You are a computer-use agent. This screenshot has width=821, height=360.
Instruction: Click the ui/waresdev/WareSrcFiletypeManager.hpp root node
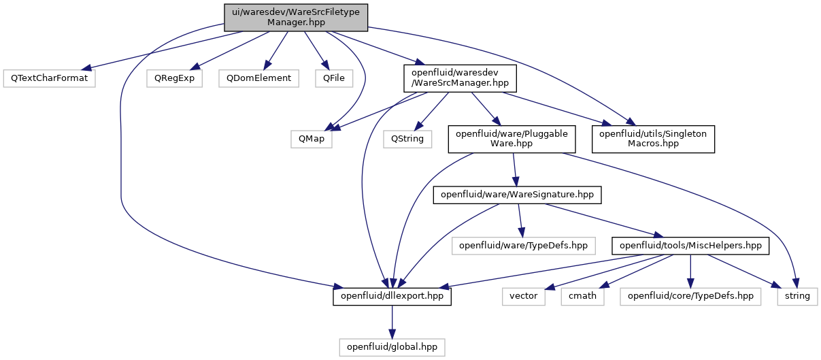pyautogui.click(x=296, y=18)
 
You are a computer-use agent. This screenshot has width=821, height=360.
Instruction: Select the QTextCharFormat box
pyautogui.click(x=49, y=78)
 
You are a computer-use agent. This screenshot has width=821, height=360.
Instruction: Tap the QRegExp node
pyautogui.click(x=174, y=78)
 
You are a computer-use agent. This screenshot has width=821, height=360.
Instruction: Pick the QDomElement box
pyautogui.click(x=258, y=78)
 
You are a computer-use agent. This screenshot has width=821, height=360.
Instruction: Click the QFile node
pyautogui.click(x=334, y=78)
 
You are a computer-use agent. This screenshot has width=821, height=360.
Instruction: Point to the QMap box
pyautogui.click(x=311, y=139)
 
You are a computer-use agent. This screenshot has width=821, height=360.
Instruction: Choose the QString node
pyautogui.click(x=407, y=139)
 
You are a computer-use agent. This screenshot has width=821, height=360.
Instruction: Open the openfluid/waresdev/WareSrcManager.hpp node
pyautogui.click(x=460, y=78)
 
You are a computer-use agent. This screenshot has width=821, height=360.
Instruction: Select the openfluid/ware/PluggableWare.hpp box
pyautogui.click(x=512, y=140)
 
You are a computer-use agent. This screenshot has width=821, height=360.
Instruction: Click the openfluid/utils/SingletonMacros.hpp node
pyautogui.click(x=653, y=140)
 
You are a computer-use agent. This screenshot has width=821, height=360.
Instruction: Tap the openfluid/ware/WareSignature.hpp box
pyautogui.click(x=517, y=195)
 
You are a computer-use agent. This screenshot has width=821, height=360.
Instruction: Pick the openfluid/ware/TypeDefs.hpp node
pyautogui.click(x=523, y=246)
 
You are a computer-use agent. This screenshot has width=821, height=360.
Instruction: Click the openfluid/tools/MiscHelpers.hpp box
pyautogui.click(x=690, y=246)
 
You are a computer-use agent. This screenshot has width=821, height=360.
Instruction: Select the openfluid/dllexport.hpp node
pyautogui.click(x=392, y=297)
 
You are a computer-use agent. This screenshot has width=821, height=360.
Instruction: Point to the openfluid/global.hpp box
pyautogui.click(x=392, y=347)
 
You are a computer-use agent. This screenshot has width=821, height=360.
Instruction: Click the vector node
pyautogui.click(x=523, y=297)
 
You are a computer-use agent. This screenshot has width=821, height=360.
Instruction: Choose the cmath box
pyautogui.click(x=582, y=297)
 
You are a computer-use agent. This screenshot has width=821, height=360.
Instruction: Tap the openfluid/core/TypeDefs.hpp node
pyautogui.click(x=690, y=297)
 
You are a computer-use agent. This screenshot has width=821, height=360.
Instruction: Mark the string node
pyautogui.click(x=797, y=297)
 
